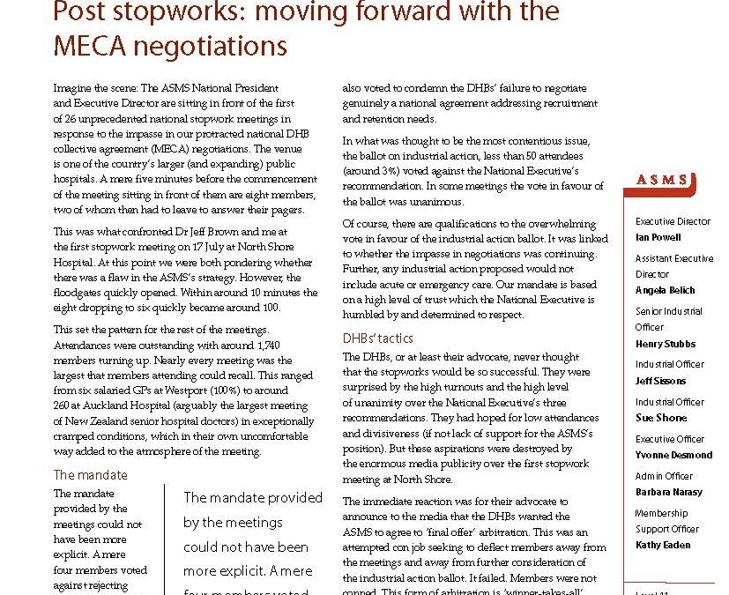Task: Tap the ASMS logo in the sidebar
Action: coord(661,180)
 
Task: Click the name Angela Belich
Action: coord(665,290)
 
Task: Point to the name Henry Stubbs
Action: coord(666,344)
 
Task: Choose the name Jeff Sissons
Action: coord(660,381)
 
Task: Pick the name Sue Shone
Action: coord(660,418)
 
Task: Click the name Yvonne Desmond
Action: coord(673,455)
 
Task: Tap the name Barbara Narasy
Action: coord(668,492)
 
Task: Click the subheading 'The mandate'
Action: coord(90,475)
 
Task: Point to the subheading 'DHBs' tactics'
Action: coord(377,338)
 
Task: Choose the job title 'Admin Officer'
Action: coord(664,476)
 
